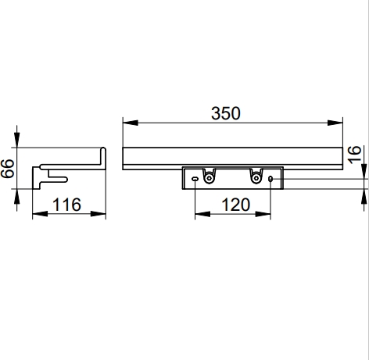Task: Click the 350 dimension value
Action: [226, 113]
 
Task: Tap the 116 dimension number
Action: [67, 205]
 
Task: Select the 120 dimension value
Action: [236, 205]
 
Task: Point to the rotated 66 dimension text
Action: [7, 169]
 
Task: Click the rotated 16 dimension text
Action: [354, 155]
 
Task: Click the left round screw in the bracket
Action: [209, 178]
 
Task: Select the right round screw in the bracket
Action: [256, 178]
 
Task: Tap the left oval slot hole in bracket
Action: [195, 179]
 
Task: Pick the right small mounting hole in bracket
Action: [270, 179]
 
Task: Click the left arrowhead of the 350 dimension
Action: [131, 123]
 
